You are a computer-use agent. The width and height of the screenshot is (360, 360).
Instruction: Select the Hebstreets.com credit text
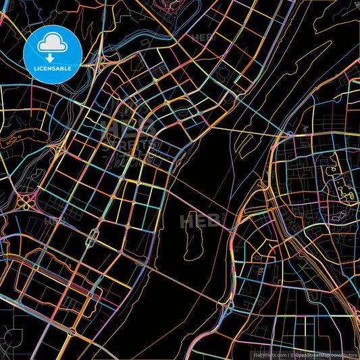point(269,354)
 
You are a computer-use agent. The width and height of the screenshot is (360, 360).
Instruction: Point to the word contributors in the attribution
point(345,354)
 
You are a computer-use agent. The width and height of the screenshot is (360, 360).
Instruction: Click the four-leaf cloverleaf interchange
point(28,201)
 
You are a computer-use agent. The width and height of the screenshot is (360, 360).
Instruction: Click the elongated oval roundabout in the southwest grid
point(93,236)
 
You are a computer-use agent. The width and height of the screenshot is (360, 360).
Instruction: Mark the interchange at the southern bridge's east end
point(227,308)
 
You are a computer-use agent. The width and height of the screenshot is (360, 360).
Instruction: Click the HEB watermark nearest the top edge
point(203,38)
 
